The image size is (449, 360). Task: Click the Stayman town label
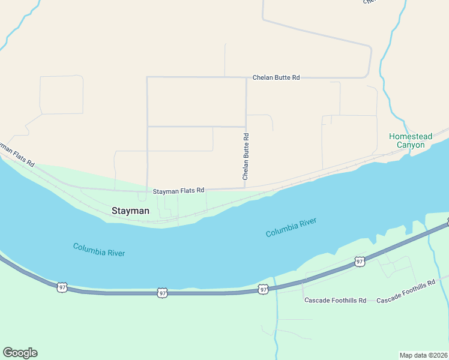(130, 211)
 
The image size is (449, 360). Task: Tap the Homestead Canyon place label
(411, 140)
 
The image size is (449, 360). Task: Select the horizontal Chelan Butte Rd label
(276, 77)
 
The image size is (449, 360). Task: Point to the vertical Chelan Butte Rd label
(246, 157)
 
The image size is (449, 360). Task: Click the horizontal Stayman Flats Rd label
(178, 191)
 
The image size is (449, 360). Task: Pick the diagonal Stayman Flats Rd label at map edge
(16, 155)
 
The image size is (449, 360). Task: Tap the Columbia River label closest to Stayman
(99, 249)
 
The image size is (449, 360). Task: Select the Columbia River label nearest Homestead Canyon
(291, 227)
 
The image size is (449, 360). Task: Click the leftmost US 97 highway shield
(62, 287)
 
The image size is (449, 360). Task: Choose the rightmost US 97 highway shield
(359, 262)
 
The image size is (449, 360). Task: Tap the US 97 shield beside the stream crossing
(263, 289)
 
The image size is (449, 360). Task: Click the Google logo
(20, 353)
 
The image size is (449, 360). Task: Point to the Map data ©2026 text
(423, 355)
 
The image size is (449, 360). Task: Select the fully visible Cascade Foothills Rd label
(335, 300)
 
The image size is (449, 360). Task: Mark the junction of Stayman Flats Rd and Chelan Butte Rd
(246, 188)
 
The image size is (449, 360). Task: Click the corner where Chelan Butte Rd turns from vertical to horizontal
(246, 77)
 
